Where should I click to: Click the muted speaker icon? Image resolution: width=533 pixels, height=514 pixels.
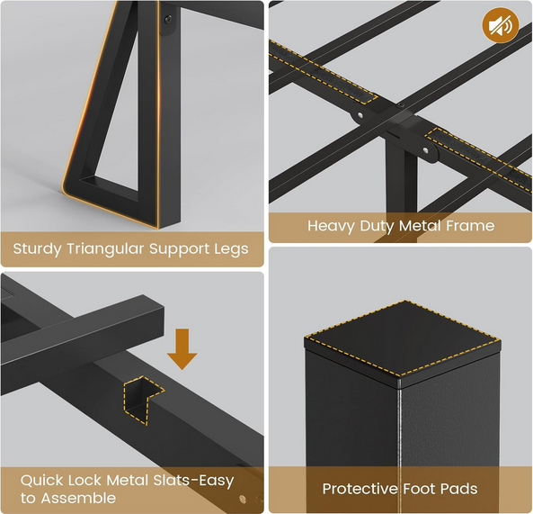tap(500, 25)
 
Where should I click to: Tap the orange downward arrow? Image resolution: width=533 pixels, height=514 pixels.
tap(182, 349)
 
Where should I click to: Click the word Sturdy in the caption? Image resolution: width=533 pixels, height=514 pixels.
tap(38, 249)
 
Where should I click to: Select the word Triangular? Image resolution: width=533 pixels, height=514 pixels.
tap(106, 249)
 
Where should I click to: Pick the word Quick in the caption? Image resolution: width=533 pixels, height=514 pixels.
tap(42, 481)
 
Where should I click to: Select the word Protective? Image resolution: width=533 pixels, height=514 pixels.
tap(360, 489)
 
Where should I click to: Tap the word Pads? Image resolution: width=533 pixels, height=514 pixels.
tap(459, 489)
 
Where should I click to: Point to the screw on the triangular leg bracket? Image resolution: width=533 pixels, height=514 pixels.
tap(168, 19)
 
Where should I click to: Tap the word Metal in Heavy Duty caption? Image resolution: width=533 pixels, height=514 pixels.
tap(420, 226)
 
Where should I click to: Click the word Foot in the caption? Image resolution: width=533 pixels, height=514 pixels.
tap(420, 489)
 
